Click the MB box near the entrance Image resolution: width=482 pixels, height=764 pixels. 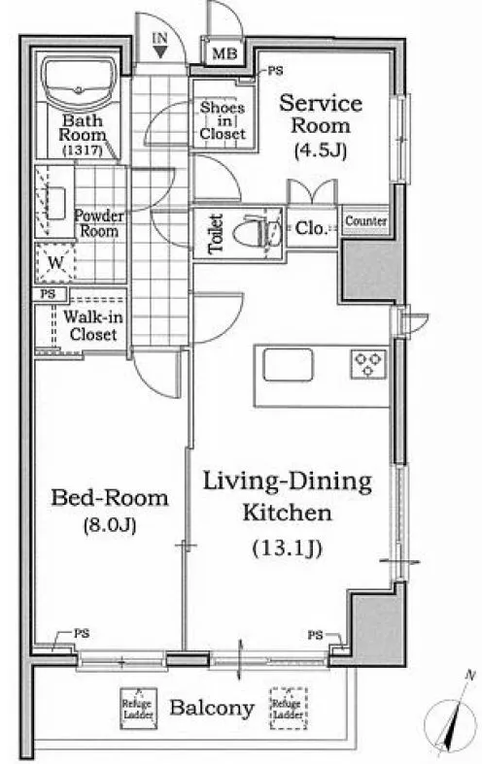point(224,52)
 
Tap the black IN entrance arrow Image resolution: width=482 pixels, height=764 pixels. point(160,51)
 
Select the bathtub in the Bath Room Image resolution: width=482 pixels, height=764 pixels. point(79,84)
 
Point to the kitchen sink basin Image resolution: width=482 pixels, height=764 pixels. point(288,364)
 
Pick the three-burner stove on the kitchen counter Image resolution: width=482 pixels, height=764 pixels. point(368,364)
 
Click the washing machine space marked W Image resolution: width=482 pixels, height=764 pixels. point(56,263)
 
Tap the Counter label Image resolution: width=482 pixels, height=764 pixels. point(366,220)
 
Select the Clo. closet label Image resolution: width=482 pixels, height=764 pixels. point(310,227)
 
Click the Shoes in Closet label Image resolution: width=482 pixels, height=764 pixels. point(223,120)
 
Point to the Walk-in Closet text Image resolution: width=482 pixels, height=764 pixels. point(92,325)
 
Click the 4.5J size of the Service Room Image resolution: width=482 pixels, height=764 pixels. point(321,150)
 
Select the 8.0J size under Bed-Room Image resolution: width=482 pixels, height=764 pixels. point(109,526)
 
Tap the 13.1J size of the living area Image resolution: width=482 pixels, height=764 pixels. point(288,548)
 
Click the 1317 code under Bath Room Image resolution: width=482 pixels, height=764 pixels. point(83,151)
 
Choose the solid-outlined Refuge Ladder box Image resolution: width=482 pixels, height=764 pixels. point(139,708)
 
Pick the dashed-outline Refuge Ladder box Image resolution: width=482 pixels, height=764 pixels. point(289,708)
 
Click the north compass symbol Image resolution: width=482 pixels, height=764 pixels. point(451,718)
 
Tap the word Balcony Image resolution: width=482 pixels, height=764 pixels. point(212,708)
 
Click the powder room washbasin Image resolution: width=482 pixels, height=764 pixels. point(55,203)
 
